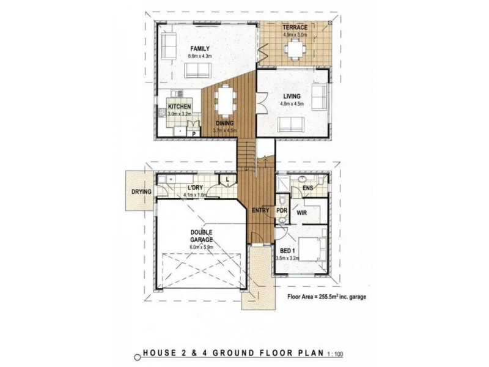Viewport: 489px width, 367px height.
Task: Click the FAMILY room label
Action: coord(200,49)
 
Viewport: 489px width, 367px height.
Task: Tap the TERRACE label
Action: coord(295,28)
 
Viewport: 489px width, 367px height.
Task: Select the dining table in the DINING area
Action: coord(226,100)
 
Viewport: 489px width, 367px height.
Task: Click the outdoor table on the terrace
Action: coord(295,49)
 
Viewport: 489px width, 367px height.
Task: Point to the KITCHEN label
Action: coord(179,106)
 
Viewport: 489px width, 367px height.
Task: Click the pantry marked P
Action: coord(194,133)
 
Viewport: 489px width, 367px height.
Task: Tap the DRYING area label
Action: coord(141,191)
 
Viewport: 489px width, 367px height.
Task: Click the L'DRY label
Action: coord(195,188)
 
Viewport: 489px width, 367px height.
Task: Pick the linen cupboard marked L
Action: coord(227,179)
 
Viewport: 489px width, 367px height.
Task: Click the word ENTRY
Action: coord(260,210)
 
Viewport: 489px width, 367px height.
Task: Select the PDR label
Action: coord(282,211)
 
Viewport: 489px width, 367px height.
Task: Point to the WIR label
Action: coord(301,213)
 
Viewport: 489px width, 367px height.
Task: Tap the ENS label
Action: coord(308,188)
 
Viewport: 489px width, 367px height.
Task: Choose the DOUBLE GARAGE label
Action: coord(202,236)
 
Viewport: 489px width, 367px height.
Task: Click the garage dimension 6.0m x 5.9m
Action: coord(202,247)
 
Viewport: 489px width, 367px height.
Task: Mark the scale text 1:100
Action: coord(336,354)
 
